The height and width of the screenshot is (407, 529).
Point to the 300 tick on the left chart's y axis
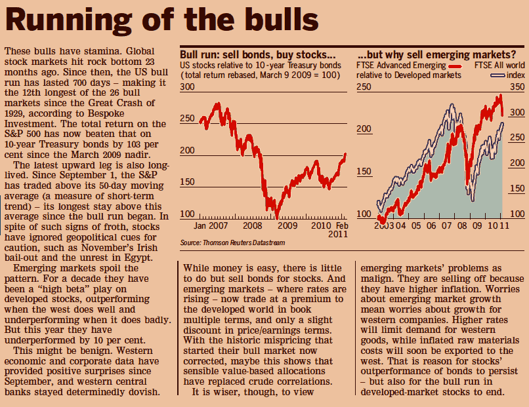(188, 87)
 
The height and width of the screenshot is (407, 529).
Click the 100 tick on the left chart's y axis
(188, 214)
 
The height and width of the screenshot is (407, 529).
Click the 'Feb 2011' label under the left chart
(339, 229)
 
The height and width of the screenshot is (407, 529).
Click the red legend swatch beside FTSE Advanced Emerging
(454, 66)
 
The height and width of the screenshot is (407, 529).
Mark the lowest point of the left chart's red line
(278, 217)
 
